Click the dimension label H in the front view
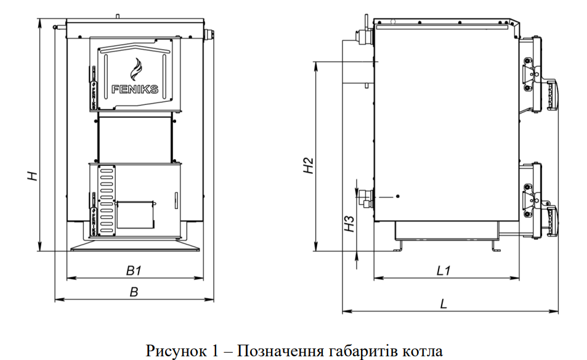click(x=34, y=175)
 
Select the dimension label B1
click(x=134, y=270)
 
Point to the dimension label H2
click(x=309, y=165)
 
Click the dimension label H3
click(x=349, y=223)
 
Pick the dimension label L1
click(x=444, y=270)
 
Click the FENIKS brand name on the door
click(x=135, y=89)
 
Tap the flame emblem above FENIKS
click(x=135, y=67)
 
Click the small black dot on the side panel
click(x=398, y=196)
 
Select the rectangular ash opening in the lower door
click(x=135, y=213)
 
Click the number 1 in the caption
click(x=216, y=351)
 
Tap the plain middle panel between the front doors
click(x=135, y=139)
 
